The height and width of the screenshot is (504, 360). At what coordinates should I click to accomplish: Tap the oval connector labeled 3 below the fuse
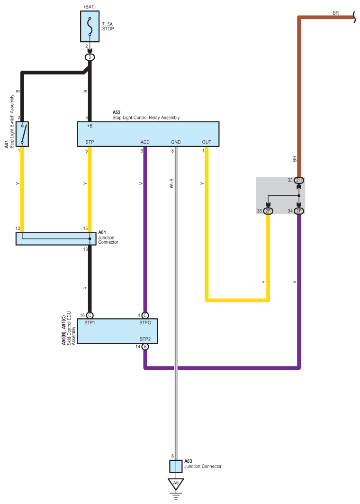pos(90,57)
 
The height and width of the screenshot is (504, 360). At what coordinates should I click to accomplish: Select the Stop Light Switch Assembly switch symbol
pos(22,134)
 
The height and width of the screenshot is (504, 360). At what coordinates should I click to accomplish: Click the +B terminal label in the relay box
pos(89,127)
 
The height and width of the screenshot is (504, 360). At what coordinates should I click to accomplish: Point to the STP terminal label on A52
pos(90,142)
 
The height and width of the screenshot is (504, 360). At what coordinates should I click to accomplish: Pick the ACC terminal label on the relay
pos(145,142)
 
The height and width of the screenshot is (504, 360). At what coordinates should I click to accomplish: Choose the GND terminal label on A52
pos(176,142)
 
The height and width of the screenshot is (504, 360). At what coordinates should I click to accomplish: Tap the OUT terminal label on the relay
pos(207,142)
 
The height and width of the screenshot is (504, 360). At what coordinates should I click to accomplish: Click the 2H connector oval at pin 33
pos(299,181)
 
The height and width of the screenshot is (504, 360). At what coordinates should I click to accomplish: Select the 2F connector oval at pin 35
pos(268,211)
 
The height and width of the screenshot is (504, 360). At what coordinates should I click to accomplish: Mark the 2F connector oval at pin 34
pos(299,211)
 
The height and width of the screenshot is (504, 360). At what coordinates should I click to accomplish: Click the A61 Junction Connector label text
pos(108,238)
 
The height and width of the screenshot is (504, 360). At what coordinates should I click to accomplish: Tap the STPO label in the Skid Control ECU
pos(145,323)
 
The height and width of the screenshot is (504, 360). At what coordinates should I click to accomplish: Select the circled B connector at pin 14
pos(145,347)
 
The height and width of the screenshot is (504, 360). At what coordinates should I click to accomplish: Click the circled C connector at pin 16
pos(90,315)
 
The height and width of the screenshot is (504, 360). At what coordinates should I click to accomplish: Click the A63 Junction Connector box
pos(176,467)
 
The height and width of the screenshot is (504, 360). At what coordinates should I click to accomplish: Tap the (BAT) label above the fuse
pos(90,7)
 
